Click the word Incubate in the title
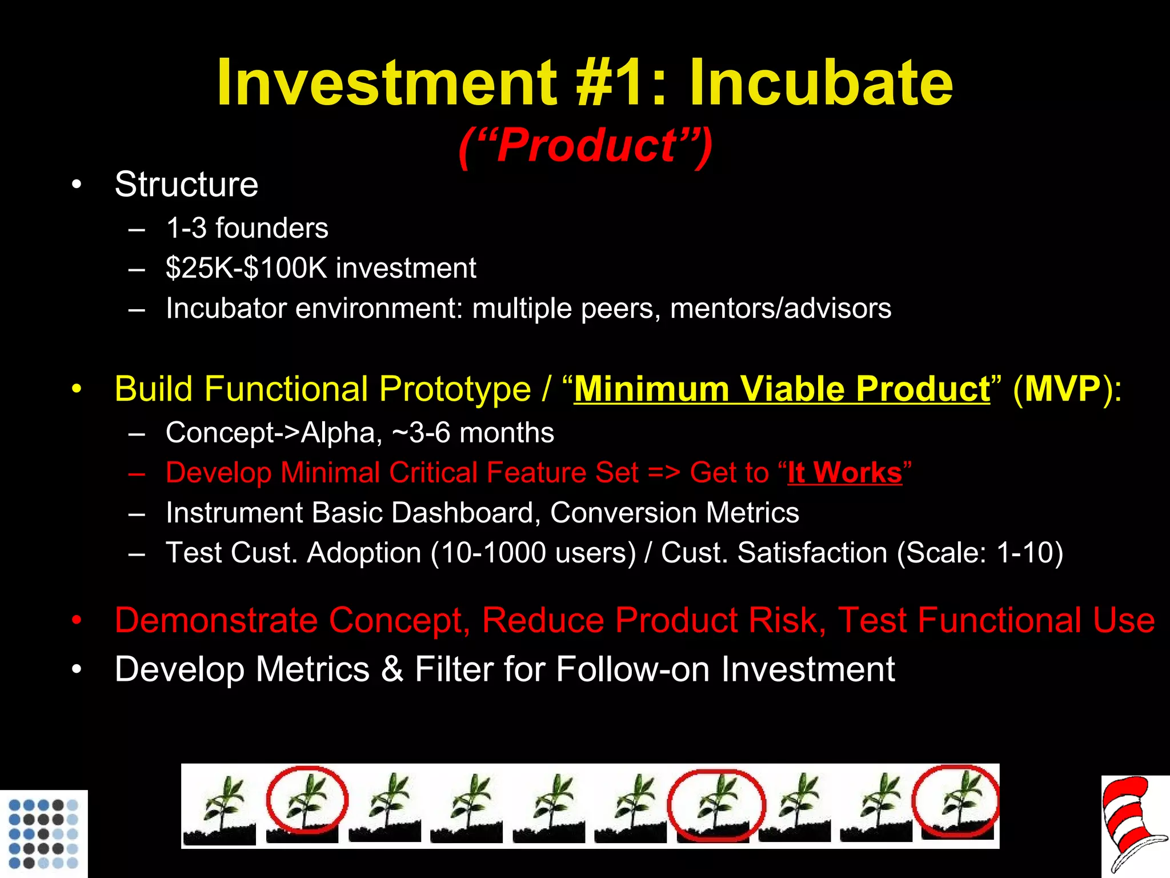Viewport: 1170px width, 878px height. pos(820,83)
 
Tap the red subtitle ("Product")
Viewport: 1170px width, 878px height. pos(585,146)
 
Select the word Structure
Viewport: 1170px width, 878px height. pos(186,184)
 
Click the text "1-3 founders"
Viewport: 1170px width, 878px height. pos(247,228)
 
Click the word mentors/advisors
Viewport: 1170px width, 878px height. pos(780,308)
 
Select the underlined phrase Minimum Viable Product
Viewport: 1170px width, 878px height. pos(782,389)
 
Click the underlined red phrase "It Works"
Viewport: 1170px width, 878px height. pos(844,473)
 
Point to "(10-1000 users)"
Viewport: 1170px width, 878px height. pos(533,553)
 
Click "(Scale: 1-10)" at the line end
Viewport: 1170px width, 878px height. pos(980,553)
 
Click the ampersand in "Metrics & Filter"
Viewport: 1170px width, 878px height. pos(392,669)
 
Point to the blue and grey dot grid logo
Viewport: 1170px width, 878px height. pos(43,833)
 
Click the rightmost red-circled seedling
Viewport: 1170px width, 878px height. pos(956,803)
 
